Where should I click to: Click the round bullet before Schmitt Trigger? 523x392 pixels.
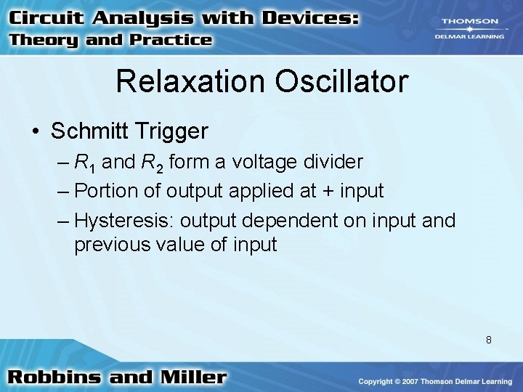pyautogui.click(x=36, y=131)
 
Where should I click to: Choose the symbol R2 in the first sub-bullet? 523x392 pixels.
pyautogui.click(x=154, y=163)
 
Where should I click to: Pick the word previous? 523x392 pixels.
pyautogui.click(x=110, y=244)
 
